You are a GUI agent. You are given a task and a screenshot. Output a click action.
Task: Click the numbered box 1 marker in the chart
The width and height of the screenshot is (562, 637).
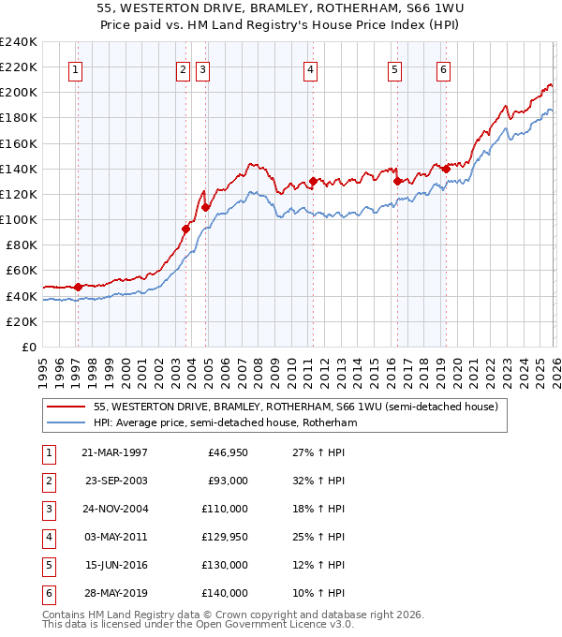74,68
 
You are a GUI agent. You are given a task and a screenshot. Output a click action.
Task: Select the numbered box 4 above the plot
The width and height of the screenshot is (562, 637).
309,68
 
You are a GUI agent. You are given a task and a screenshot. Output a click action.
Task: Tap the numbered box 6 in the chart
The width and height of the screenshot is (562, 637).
442,68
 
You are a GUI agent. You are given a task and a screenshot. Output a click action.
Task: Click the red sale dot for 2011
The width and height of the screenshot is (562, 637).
313,181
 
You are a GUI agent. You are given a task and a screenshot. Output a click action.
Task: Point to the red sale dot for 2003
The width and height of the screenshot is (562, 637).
186,229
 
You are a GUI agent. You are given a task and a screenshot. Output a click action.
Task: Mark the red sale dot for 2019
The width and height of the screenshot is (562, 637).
446,169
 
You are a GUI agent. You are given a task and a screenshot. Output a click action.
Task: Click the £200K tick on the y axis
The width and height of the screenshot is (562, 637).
19,92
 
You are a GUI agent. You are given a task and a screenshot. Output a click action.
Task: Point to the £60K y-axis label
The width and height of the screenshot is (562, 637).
21,271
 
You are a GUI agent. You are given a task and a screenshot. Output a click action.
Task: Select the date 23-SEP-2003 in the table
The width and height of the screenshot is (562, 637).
115,481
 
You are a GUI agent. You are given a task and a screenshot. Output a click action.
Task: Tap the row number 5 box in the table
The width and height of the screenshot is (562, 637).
46,565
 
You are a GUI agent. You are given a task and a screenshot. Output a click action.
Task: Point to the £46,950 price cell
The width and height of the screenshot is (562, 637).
227,452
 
